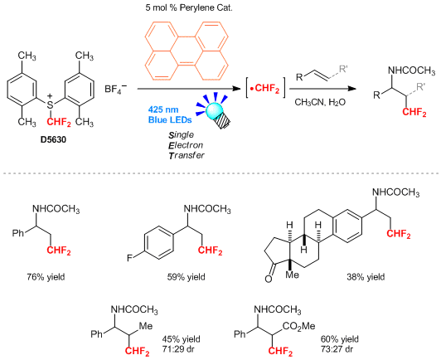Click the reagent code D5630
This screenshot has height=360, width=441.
pos(53,139)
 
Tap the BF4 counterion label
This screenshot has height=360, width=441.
pos(115,89)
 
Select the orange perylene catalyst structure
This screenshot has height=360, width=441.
pos(187,51)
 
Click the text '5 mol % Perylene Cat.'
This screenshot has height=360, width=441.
pos(189,7)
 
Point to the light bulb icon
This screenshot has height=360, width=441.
pos(216,110)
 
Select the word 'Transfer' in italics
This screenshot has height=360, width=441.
pos(187,155)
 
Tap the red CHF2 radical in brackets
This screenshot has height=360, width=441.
pos(265,89)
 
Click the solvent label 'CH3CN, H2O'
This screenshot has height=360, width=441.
pos(320,102)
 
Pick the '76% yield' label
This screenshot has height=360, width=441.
pos(46,277)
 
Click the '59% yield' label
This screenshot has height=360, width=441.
pos(187,277)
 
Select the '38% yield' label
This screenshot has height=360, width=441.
pos(366,277)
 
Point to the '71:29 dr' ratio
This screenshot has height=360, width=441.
pos(178,349)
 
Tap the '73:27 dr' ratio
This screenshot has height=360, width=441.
pos(337,349)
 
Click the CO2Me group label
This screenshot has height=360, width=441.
pos(298,327)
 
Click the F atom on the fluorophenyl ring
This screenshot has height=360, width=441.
pos(129,258)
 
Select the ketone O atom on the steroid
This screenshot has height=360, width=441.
pos(269,279)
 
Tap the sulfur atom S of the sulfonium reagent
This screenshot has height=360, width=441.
pos(50,105)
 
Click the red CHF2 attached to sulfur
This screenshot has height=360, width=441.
pos(59,122)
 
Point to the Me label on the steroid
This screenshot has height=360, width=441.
pos(293,275)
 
